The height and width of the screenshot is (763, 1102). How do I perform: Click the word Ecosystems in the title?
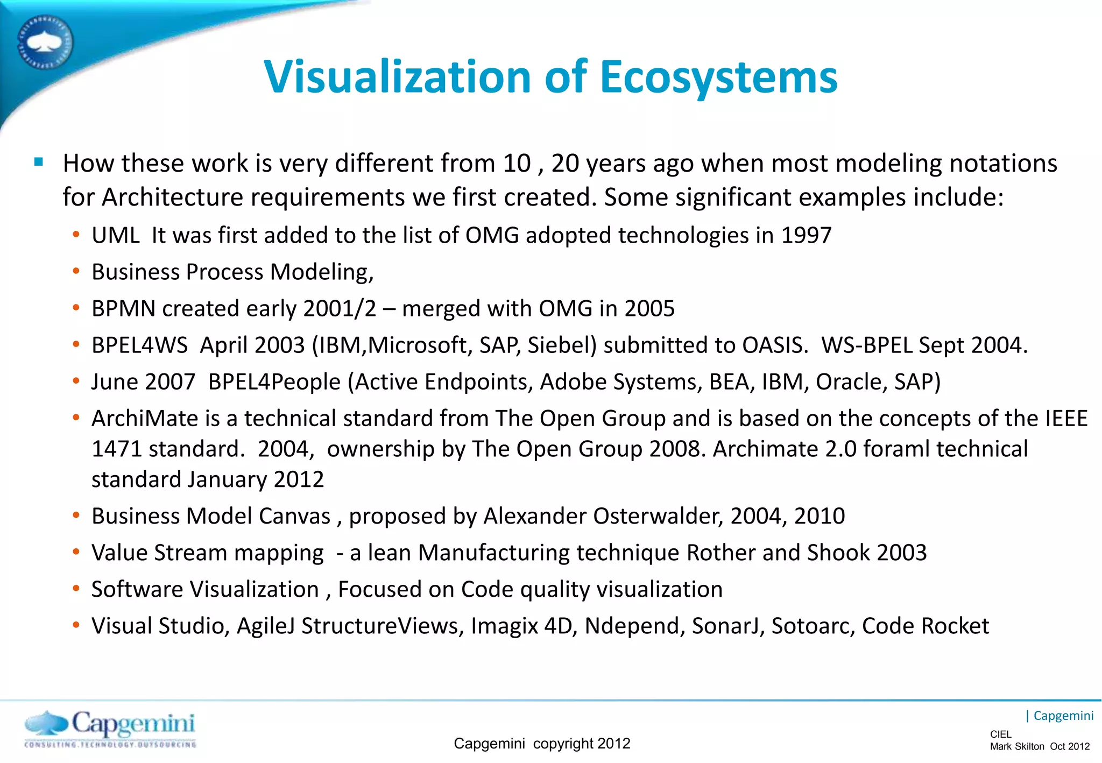click(718, 77)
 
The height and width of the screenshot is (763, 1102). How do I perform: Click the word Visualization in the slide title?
click(398, 77)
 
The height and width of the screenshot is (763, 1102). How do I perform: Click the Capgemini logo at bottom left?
click(110, 729)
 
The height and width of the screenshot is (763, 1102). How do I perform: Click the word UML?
click(115, 235)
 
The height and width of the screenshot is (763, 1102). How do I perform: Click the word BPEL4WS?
click(139, 345)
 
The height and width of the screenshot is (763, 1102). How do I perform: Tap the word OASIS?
click(774, 345)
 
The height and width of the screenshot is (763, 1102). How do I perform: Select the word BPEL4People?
click(274, 382)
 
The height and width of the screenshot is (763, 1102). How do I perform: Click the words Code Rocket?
click(926, 626)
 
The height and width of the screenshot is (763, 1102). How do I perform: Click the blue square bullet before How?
click(39, 161)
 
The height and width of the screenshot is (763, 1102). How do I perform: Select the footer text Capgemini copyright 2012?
click(542, 743)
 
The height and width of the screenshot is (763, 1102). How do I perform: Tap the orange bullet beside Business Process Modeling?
click(76, 271)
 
